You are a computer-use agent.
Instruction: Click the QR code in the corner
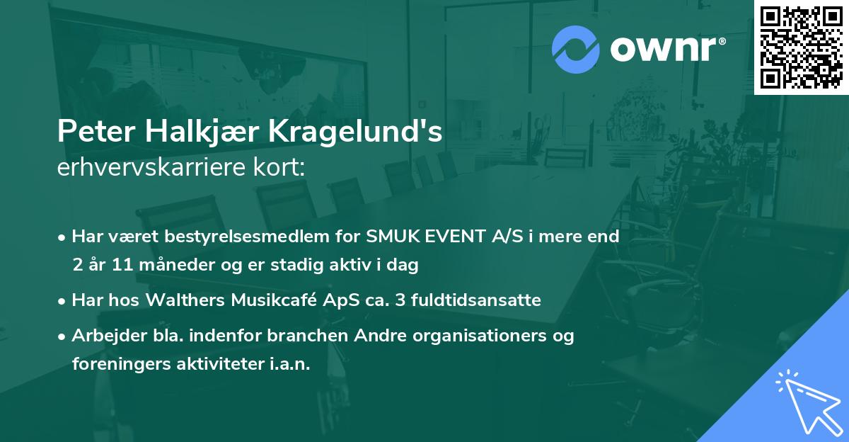(801, 47)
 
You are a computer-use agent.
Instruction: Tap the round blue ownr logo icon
(576, 50)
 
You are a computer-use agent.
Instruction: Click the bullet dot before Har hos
(63, 301)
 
